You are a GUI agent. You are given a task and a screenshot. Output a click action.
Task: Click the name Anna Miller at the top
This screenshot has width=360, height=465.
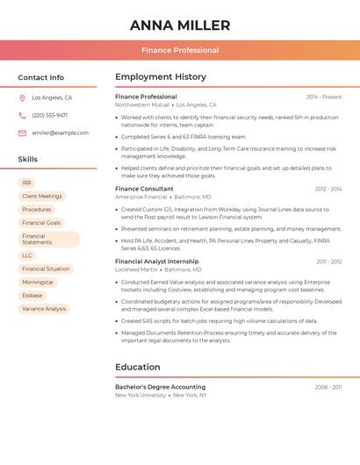click(x=180, y=25)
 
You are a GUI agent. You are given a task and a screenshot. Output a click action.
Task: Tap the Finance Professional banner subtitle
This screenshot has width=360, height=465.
click(x=180, y=50)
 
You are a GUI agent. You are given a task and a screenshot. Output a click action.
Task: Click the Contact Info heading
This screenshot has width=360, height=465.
click(x=41, y=77)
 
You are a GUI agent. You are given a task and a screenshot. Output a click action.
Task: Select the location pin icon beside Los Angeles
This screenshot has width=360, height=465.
click(x=22, y=98)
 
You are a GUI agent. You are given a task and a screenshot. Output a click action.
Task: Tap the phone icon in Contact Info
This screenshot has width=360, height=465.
click(x=22, y=116)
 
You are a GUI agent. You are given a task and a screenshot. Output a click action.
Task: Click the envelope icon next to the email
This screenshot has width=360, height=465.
click(x=22, y=133)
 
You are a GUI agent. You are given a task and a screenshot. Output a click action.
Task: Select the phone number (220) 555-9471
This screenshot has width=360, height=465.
click(x=49, y=116)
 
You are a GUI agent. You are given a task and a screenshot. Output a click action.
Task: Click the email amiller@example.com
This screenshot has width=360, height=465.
click(x=60, y=133)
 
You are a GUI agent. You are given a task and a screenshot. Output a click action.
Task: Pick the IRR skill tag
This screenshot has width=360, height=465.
click(x=26, y=182)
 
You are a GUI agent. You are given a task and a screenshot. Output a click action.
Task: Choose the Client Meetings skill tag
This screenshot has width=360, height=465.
click(x=42, y=197)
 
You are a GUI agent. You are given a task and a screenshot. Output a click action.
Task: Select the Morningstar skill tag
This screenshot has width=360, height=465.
click(x=38, y=283)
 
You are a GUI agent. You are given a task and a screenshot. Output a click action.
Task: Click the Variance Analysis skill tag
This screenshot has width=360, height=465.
click(x=44, y=309)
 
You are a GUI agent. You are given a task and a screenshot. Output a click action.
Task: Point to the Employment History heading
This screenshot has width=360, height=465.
click(x=161, y=77)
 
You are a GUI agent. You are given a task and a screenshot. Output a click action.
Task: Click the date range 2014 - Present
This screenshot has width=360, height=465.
click(x=324, y=97)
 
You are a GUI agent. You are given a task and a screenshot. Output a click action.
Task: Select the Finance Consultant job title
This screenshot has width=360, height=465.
click(x=144, y=189)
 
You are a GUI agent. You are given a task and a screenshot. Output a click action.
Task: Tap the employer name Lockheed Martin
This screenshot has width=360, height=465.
click(x=136, y=269)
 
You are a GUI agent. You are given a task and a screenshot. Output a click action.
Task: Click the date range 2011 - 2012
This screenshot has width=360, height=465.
click(x=329, y=261)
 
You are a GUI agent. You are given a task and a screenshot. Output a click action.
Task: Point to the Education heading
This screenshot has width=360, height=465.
click(x=138, y=367)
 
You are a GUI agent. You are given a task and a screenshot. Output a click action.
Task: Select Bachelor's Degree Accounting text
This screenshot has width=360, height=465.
click(x=160, y=387)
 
